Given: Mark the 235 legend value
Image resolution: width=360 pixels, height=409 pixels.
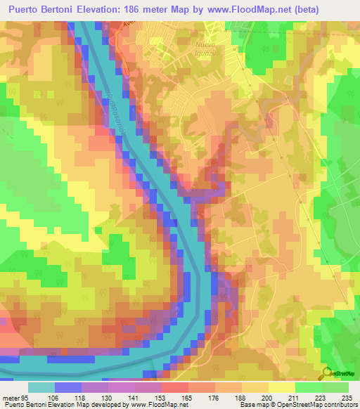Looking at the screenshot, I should click(348, 398).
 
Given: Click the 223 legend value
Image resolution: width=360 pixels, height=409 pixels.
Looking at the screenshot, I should click(321, 398).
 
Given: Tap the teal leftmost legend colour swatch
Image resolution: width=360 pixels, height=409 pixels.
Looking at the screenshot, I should click(41, 387).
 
